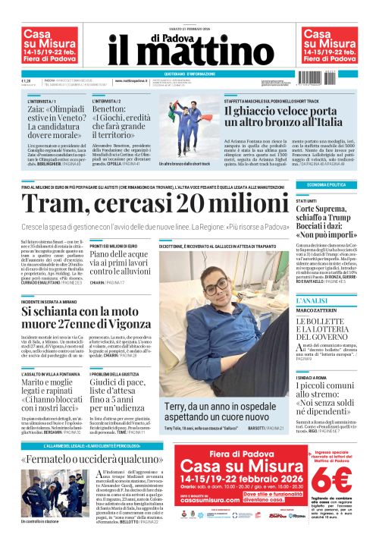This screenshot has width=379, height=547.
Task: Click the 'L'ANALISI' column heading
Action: click(x=312, y=301)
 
